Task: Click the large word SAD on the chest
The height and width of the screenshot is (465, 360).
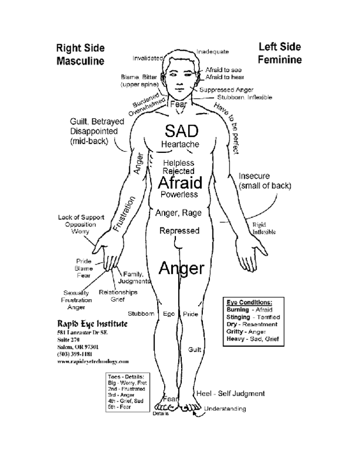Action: tap(181, 129)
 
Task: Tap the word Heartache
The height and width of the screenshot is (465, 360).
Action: tap(181, 144)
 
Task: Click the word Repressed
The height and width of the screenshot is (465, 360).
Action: tap(179, 231)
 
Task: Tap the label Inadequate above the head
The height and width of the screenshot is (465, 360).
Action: tap(212, 51)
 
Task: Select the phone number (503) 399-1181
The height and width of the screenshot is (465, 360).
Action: tap(75, 354)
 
